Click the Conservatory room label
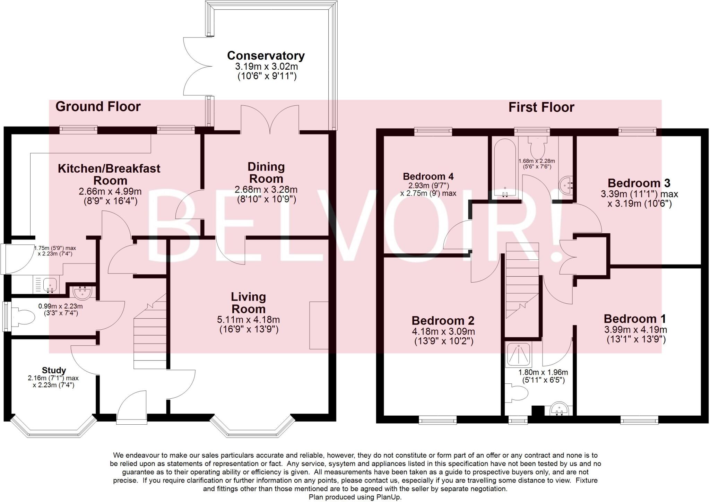[266, 55]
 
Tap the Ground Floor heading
[98, 106]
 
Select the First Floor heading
[541, 107]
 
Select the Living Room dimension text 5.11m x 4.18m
[249, 320]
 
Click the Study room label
[54, 370]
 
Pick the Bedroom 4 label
[428, 176]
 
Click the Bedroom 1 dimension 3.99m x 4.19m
[635, 330]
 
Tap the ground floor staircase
[150, 333]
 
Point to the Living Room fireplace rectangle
[319, 325]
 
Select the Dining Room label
[266, 173]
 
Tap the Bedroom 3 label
[639, 183]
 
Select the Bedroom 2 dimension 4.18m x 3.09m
[443, 331]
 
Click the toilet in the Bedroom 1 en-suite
[518, 393]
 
